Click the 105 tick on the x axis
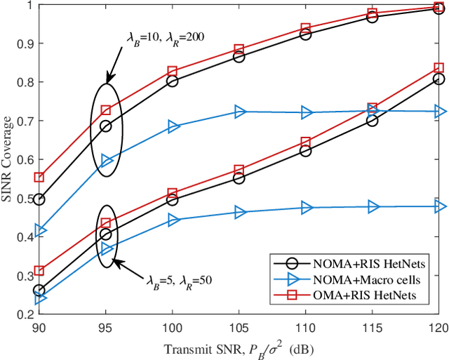(x=239, y=328)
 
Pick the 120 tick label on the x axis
(x=438, y=328)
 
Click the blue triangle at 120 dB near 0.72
(x=439, y=112)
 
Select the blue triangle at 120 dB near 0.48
(x=439, y=206)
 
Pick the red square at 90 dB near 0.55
(x=39, y=178)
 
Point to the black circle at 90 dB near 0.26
(x=39, y=291)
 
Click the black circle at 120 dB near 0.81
(x=438, y=79)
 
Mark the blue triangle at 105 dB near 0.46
(x=239, y=211)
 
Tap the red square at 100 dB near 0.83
(x=173, y=72)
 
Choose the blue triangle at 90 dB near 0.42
(x=40, y=230)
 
